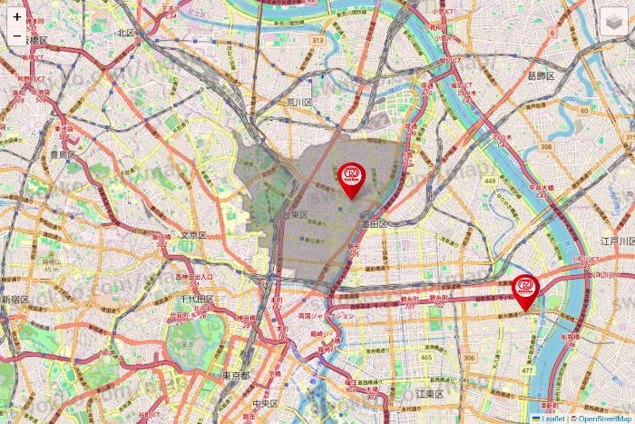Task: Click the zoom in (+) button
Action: pos(17,16)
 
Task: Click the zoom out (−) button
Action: pos(17,37)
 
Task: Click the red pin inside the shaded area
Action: pos(351,176)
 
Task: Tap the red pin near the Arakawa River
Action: pos(525,289)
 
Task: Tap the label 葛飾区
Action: pos(544,76)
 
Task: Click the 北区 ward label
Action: pos(125,33)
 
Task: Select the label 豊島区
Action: pos(63,155)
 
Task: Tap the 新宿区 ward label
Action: pos(15,299)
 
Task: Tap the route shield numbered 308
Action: pos(544,145)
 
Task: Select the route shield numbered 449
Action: pos(490,182)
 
